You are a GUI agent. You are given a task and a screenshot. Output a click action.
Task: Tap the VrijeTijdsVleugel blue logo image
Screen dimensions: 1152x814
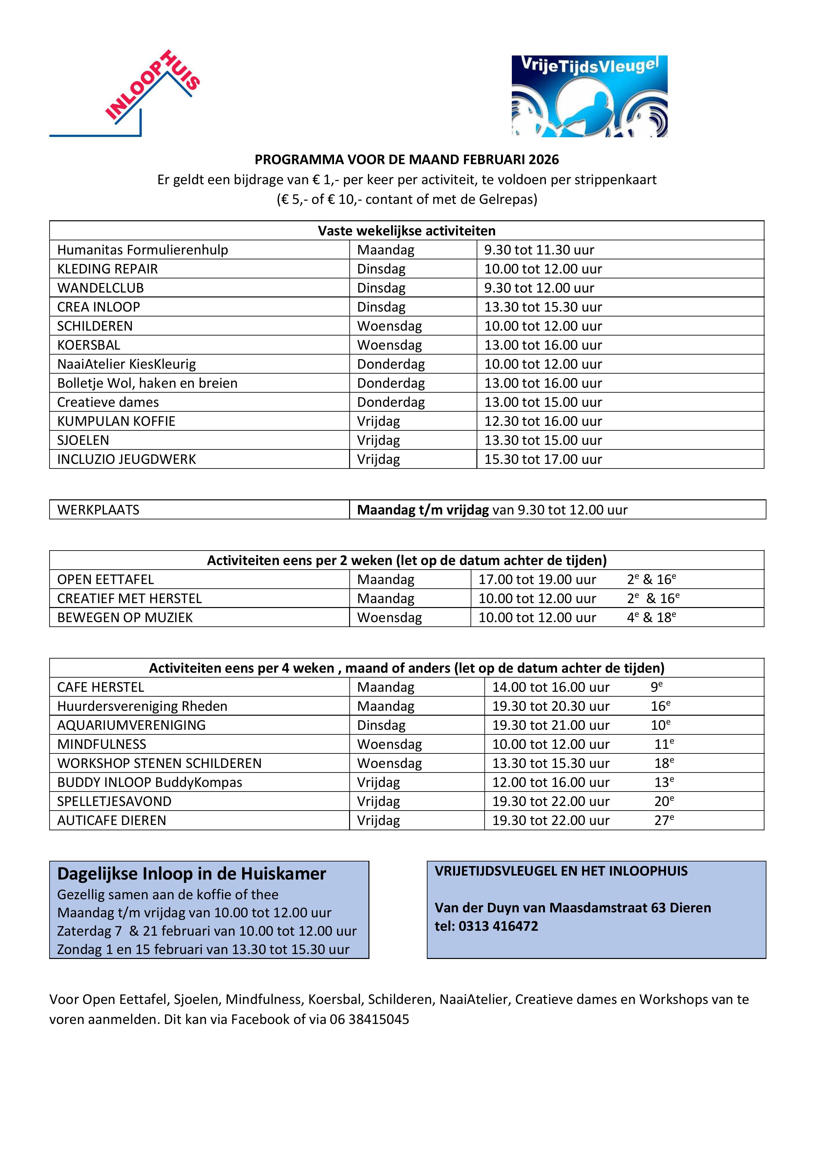point(589,96)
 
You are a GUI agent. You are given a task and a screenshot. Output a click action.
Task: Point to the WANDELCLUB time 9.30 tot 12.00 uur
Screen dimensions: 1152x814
point(539,288)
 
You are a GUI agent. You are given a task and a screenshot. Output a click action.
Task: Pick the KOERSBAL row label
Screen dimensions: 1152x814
point(89,345)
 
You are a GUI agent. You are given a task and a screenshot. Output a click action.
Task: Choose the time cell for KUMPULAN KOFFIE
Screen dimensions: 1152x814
point(543,422)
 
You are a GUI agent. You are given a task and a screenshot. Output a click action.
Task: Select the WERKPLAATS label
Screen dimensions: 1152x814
point(98,510)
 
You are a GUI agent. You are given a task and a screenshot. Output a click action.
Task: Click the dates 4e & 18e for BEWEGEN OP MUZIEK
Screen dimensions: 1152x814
point(652,617)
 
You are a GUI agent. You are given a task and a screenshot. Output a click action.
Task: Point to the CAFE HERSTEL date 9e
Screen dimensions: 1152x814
point(657,687)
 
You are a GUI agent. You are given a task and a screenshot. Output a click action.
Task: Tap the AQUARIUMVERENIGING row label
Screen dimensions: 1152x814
point(132,725)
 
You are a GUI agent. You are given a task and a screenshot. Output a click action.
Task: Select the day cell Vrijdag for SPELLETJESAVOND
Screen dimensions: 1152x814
point(379,801)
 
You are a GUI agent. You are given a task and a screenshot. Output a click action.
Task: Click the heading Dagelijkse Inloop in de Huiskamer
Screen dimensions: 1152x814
point(192,874)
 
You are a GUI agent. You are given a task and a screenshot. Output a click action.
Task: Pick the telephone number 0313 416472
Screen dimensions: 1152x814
point(498,926)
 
